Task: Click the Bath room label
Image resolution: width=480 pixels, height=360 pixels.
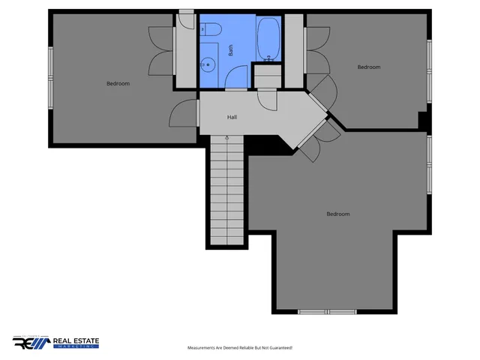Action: tap(231, 50)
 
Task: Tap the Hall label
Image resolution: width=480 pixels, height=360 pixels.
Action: tap(232, 117)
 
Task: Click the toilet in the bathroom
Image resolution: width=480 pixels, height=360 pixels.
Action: tap(211, 30)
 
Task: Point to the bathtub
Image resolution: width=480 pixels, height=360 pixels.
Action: tap(268, 38)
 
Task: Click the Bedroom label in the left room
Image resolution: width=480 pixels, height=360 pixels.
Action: tap(118, 83)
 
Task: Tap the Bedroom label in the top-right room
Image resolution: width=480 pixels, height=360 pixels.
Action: tap(368, 67)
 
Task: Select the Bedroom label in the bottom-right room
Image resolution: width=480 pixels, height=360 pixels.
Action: tap(338, 214)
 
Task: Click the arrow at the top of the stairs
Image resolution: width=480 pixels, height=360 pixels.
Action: tap(227, 138)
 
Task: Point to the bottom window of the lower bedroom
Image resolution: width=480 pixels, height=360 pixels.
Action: tap(327, 311)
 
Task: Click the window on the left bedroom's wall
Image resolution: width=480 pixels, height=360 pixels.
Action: tap(51, 74)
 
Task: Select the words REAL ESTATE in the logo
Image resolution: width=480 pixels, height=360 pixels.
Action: tap(76, 340)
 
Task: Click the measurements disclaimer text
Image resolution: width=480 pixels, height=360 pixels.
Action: tap(239, 348)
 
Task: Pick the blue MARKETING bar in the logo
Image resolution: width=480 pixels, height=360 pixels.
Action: tap(75, 348)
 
